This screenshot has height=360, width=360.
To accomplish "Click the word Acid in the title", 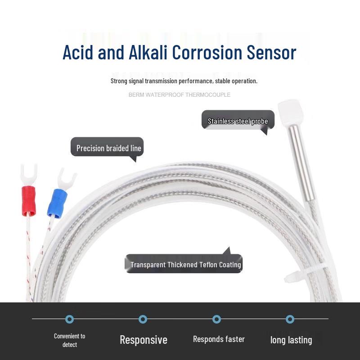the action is coord(78,52).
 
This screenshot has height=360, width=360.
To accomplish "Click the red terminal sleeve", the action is coord(29,201).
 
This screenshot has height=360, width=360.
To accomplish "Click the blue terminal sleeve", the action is coord(57,203).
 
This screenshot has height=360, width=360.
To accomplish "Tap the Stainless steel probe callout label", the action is coord(238,121).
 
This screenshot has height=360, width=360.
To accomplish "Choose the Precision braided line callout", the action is coord(107,148).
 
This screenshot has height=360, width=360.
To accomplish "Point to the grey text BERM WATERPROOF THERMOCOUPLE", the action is coord(179,95).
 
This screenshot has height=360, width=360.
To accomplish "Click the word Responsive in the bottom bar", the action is coord(144,340).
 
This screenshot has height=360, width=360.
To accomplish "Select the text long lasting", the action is coord(291,340).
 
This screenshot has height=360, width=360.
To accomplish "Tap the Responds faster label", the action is coord(219,339).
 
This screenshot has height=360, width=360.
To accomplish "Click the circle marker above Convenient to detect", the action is coord(70,319).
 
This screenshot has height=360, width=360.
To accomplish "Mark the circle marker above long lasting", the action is coord(290,319).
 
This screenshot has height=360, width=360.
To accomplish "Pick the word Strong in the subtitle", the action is coord(119,81).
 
